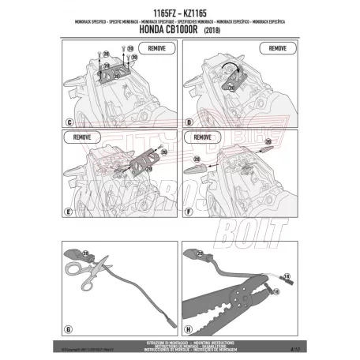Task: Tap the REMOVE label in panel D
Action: click(277, 49)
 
